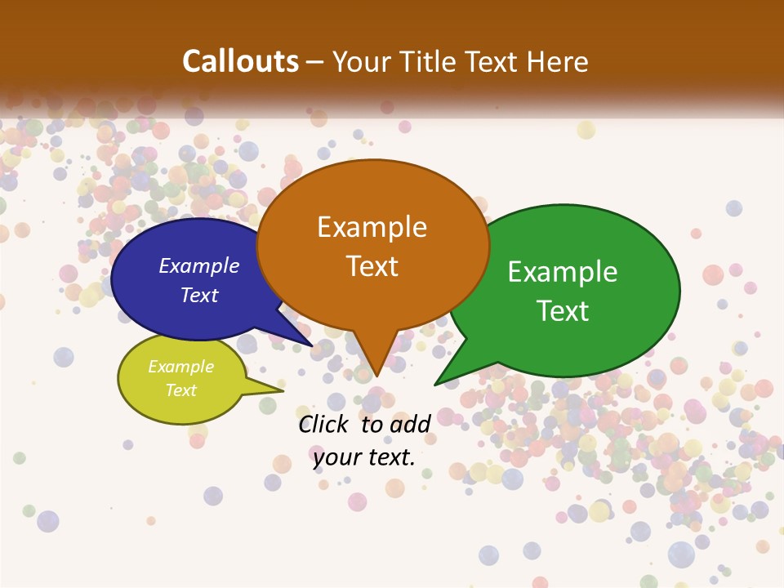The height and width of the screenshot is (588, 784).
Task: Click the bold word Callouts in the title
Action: point(240,61)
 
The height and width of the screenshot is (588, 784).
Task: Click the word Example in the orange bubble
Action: point(372,227)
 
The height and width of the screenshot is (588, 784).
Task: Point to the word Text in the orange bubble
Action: point(372,266)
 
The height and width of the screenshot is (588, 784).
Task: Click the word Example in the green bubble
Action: point(563,272)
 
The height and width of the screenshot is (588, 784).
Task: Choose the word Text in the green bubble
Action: point(563,311)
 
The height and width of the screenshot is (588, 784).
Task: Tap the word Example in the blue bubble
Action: point(199,266)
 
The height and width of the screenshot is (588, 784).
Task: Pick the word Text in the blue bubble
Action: point(199,295)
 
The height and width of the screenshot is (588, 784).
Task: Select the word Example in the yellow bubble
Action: point(180,367)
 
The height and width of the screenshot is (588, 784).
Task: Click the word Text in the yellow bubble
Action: point(180,390)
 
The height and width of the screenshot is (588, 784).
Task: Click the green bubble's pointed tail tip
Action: point(436,384)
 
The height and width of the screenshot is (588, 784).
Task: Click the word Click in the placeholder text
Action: point(325,424)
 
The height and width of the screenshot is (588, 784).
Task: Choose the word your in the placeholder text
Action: point(336,458)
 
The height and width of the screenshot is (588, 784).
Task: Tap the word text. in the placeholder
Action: point(390,458)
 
